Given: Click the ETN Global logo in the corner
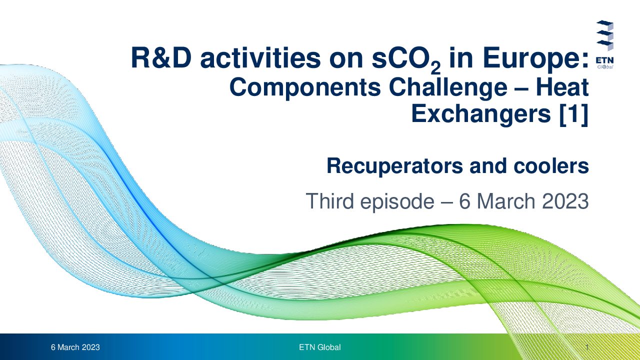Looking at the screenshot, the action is point(604,44).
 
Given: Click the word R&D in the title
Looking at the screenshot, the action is point(161,58).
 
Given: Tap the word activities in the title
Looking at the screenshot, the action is point(260,58).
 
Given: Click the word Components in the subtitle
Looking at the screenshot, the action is point(305,88).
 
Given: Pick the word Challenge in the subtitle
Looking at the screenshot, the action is point(448,88).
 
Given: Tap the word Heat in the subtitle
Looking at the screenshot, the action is point(562,87).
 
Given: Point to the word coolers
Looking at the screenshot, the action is point(551,165).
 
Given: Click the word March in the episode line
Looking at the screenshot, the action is point(506,201).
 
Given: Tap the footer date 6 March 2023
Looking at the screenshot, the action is point(75,347).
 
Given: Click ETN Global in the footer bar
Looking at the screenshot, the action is point(319,347).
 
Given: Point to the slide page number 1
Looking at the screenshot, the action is point(587,347).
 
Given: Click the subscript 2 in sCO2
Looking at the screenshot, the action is point(435,68).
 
